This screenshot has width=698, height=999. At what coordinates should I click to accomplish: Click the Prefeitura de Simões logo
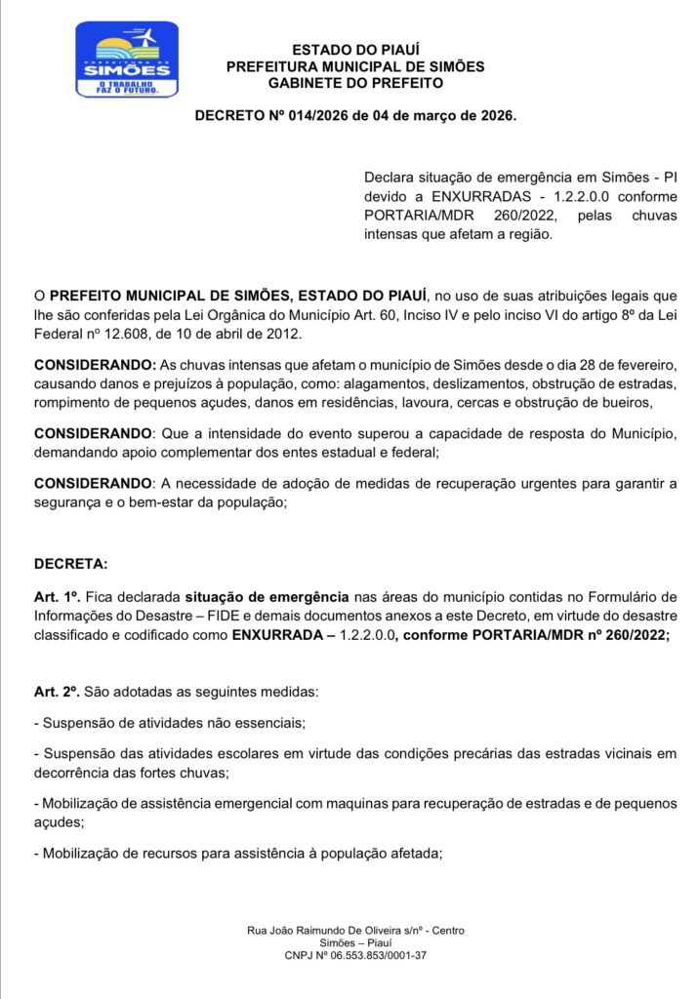(127, 60)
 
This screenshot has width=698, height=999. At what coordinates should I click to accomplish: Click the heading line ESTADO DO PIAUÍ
(355, 50)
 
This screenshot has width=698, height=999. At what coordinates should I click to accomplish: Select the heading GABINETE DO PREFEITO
(355, 83)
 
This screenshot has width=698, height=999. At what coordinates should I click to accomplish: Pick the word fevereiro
(643, 364)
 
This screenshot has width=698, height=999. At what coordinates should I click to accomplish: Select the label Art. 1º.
(58, 596)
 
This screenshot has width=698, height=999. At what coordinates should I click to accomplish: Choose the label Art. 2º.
(58, 692)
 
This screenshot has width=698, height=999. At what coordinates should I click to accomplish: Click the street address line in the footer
(355, 931)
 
